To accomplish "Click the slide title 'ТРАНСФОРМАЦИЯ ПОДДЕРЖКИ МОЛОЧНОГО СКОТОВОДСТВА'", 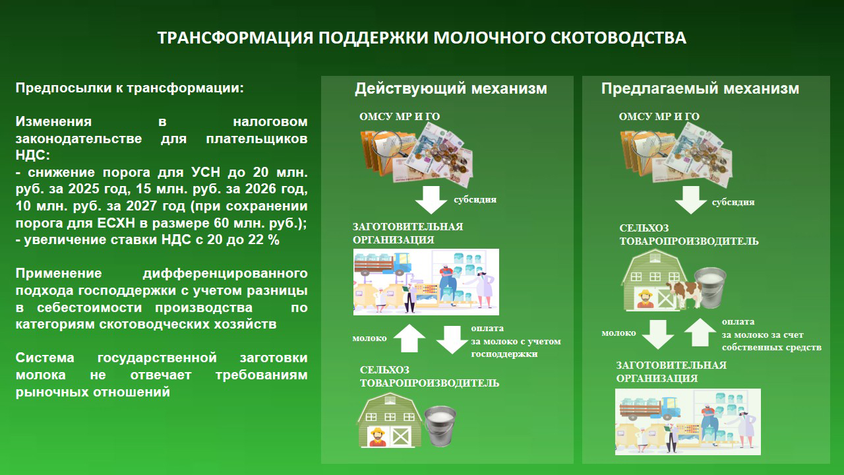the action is (x=421, y=38).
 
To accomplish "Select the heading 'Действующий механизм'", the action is (x=450, y=88).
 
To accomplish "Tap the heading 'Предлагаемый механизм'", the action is (x=700, y=88).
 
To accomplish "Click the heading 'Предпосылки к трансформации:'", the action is (x=130, y=88).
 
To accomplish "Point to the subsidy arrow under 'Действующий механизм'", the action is (x=431, y=200).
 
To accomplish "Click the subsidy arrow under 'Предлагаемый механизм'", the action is (x=690, y=200).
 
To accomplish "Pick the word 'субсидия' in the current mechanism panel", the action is (x=475, y=199).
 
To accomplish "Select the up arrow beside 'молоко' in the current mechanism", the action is (x=409, y=338).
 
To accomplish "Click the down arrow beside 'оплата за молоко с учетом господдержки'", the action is (x=452, y=339).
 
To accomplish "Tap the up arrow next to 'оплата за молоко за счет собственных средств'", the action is (x=700, y=332).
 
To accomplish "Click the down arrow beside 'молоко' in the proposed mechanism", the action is (x=658, y=334).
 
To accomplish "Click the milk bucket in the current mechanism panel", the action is (x=440, y=426).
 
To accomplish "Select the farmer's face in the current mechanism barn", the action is (x=378, y=435).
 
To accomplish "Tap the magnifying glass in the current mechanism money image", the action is (x=388, y=144).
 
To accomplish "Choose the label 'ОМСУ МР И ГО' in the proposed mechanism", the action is (x=659, y=117).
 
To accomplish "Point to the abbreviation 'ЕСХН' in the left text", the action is (x=116, y=223).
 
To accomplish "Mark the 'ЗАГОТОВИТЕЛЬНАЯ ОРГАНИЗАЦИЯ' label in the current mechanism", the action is (x=407, y=233).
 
